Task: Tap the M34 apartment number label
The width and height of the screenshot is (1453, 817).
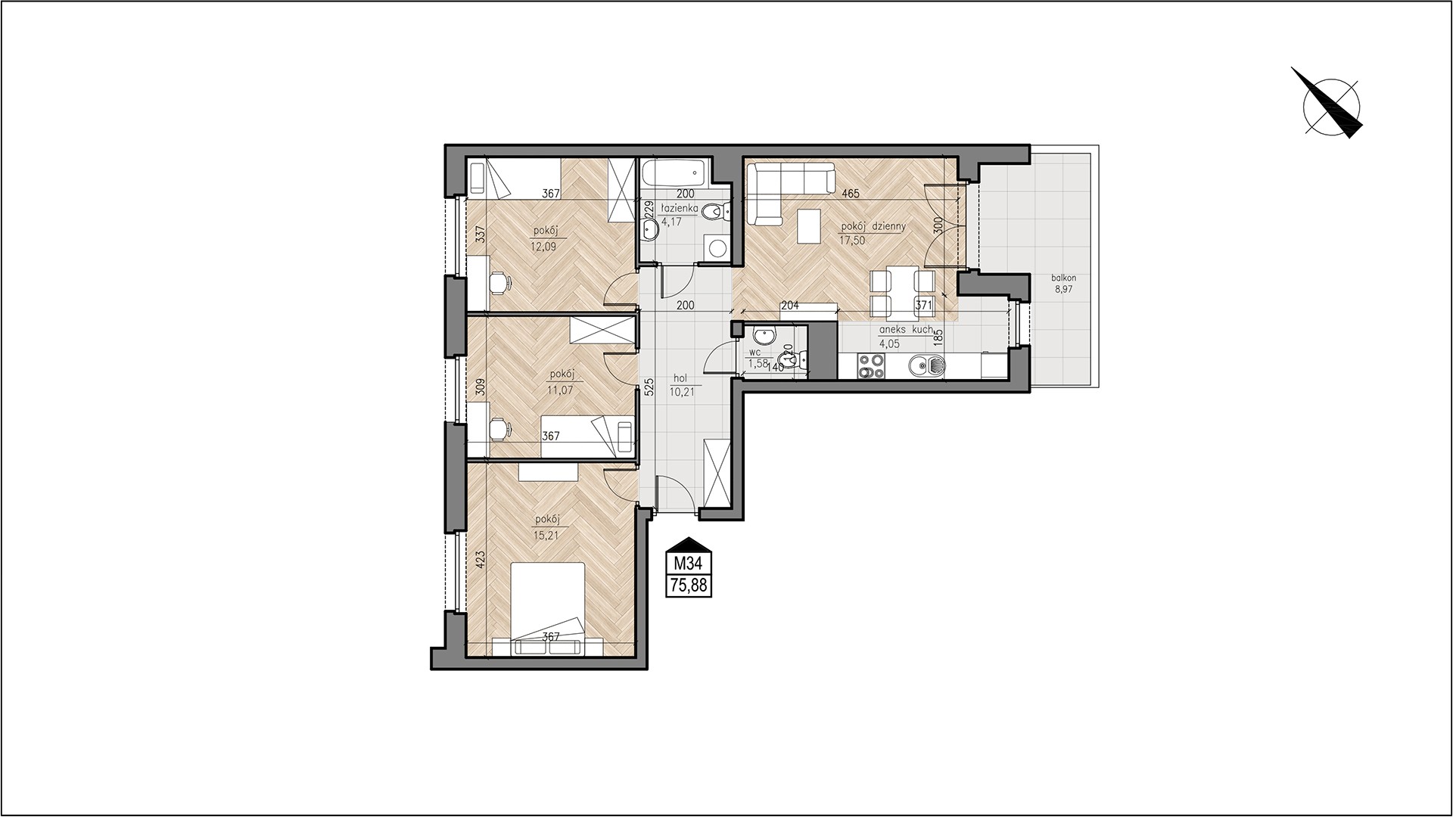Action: (689, 564)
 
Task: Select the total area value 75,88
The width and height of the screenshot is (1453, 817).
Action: (689, 585)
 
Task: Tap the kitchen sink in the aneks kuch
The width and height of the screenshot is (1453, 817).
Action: (928, 367)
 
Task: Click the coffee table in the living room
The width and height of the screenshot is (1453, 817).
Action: (809, 226)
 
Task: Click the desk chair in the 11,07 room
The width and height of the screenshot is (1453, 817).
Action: (501, 429)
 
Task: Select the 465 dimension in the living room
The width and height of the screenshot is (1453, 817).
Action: (850, 194)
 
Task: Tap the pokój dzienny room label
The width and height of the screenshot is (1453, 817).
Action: (873, 226)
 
